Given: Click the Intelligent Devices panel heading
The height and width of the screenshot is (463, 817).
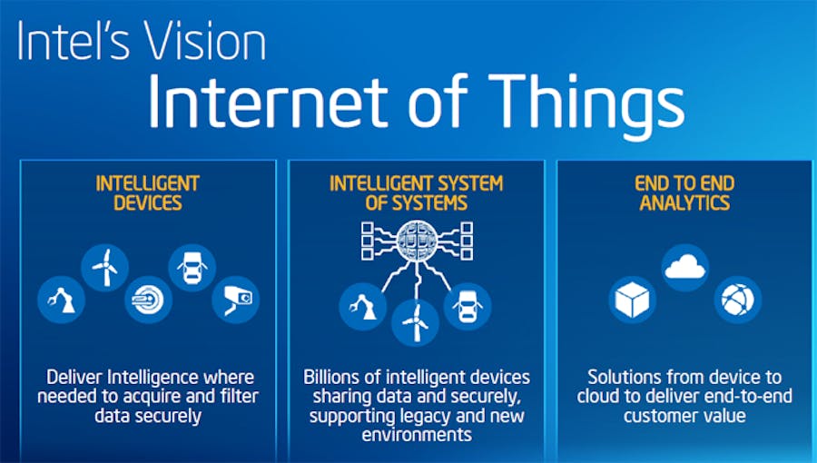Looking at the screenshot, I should click(x=147, y=193).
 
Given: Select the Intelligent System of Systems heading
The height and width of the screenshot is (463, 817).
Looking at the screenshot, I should click(x=417, y=193).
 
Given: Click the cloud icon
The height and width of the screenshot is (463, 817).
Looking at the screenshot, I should click(x=684, y=267).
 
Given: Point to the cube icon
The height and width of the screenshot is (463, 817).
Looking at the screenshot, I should click(x=633, y=300).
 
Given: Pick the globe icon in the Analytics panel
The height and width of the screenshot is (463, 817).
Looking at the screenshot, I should click(x=737, y=300).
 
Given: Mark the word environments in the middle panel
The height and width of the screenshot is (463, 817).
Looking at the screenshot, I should click(x=416, y=434).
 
